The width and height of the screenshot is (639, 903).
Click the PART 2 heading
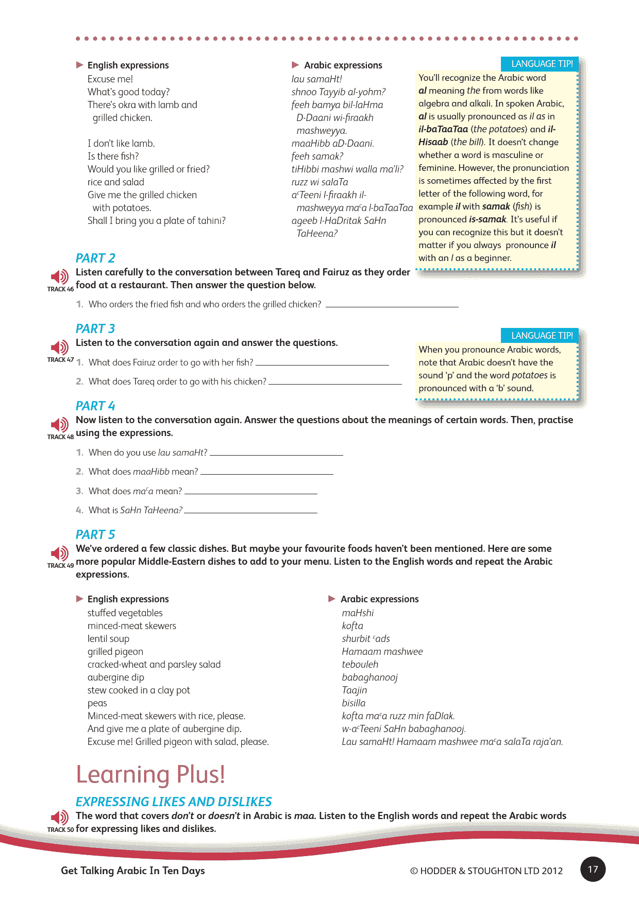pos(95,258)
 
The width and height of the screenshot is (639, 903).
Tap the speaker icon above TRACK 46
pos(60,276)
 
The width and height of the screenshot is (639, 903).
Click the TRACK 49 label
pos(60,565)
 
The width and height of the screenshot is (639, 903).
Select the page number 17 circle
pos(593,869)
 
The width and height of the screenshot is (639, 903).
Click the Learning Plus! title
pos(150,774)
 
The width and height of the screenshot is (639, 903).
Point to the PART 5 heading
pos(95,534)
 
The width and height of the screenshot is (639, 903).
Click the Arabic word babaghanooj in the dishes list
pos(369,677)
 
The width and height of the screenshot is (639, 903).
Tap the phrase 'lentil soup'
pos(108,638)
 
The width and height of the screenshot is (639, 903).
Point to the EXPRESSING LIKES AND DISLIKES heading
pos(174,802)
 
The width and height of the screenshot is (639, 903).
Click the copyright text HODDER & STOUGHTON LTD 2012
pos(486,871)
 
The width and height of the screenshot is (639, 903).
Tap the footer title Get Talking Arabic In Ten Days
pos(133,871)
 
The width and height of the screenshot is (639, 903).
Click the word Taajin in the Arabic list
pos(355,690)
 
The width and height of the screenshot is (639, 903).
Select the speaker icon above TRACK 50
pos(60,817)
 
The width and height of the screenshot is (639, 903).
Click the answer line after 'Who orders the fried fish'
pos(392,306)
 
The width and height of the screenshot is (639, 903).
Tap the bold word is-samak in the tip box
pos(487,219)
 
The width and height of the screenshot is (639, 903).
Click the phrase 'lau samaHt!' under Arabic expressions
pos(316,79)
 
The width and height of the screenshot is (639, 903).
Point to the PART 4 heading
pos(95,406)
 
